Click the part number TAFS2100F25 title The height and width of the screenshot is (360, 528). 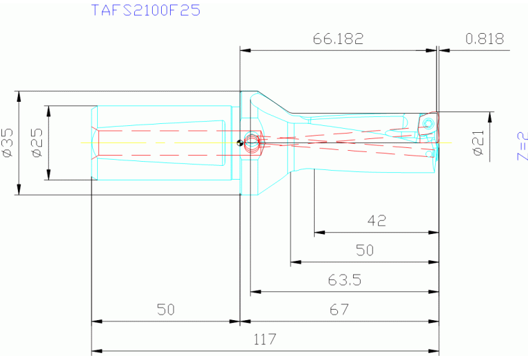click(146, 10)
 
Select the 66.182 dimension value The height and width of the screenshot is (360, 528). click(337, 39)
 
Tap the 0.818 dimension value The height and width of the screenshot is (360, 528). click(485, 39)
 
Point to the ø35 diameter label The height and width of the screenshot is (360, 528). click(8, 142)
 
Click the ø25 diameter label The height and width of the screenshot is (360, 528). click(38, 142)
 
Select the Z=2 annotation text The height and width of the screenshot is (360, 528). click(522, 146)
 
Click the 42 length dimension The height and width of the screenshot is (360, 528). click(377, 221)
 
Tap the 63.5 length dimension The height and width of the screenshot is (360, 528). click(344, 280)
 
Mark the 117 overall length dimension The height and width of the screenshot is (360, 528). click(264, 339)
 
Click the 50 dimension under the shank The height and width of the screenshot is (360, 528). click(165, 310)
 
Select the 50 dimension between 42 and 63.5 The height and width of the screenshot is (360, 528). click(365, 251)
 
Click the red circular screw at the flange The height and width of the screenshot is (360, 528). click(252, 143)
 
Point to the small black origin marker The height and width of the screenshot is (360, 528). click(239, 143)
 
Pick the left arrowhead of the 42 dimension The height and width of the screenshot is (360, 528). click(318, 233)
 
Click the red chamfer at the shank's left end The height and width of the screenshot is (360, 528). click(94, 142)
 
